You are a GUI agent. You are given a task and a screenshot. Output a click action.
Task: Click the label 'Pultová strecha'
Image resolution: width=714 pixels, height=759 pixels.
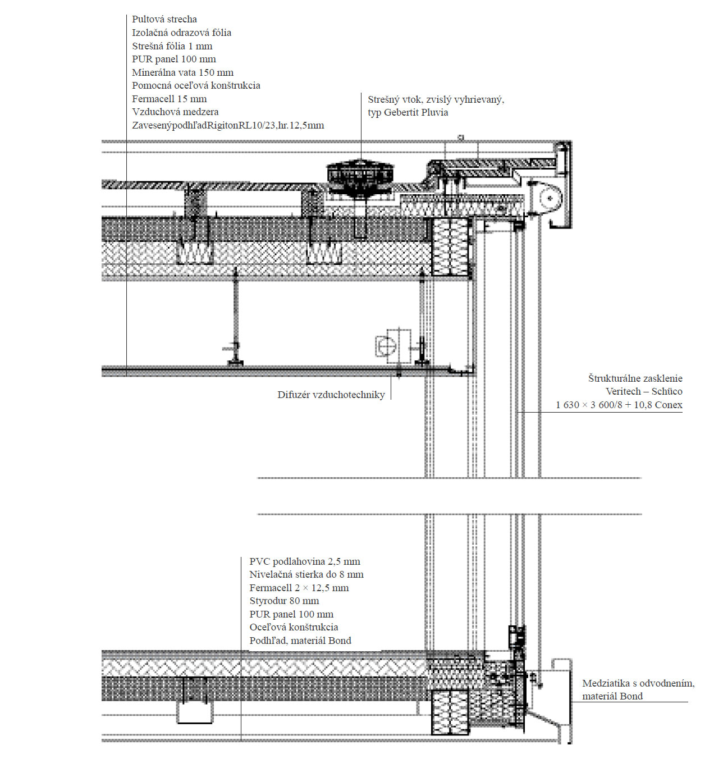pos(164,20)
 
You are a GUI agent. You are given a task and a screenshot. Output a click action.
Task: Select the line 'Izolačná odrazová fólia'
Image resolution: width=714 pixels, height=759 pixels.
pos(181,33)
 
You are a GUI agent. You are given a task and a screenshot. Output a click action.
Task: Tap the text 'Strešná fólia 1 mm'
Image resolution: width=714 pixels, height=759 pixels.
pos(172,46)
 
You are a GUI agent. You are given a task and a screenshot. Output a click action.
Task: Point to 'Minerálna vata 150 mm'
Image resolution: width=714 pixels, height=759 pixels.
pos(182,72)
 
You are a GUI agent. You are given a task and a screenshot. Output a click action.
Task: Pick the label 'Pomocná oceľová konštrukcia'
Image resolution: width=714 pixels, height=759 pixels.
pos(196,85)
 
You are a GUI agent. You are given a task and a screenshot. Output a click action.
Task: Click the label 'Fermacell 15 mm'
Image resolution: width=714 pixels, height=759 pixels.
pos(169,99)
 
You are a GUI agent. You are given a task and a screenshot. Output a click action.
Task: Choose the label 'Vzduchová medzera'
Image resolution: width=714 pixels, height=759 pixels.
pos(175,112)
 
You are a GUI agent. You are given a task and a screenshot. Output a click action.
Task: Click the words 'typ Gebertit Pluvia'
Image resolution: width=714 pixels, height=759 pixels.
pos(408,112)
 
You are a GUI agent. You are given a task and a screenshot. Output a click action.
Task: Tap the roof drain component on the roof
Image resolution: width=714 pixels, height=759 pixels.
pos(359,174)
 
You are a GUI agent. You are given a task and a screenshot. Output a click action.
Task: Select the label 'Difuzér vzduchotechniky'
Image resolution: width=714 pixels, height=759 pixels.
pos(331,395)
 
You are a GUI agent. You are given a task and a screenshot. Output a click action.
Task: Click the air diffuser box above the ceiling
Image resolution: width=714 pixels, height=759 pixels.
pos(392,345)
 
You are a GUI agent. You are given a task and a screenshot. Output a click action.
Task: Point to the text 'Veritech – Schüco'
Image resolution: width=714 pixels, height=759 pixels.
pos(644,391)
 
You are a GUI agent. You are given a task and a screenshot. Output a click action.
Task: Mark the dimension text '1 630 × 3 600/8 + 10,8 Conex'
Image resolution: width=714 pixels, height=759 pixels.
pos(619,405)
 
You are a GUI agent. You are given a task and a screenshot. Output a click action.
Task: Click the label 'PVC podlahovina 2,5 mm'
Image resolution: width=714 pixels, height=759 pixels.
pos(305,561)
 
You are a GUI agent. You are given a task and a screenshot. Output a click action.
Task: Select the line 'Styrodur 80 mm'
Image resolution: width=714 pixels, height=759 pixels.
pos(284,601)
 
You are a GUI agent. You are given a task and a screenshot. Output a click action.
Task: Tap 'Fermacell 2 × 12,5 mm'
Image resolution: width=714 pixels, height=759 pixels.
pos(299,588)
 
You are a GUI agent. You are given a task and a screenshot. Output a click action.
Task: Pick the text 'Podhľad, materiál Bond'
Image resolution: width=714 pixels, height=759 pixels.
pos(300,641)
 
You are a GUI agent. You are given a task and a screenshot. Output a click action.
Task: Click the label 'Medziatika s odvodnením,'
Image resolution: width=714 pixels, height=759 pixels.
pos(638,683)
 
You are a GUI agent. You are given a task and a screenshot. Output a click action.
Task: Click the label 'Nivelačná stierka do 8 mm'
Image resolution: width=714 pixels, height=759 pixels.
pos(306,574)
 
